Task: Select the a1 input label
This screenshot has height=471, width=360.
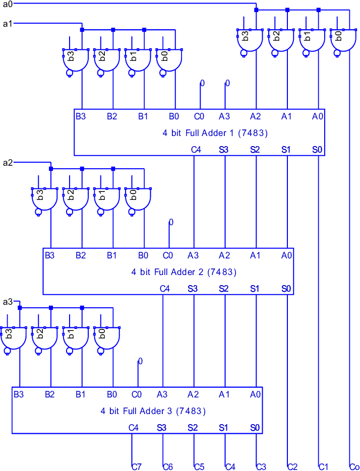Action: tap(8, 24)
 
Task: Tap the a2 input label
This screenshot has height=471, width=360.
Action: tap(8, 163)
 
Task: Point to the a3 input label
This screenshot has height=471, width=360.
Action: tap(8, 302)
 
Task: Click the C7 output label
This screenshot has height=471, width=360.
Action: tap(136, 467)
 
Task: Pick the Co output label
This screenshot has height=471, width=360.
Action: tap(354, 467)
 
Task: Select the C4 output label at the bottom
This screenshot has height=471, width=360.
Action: tap(230, 467)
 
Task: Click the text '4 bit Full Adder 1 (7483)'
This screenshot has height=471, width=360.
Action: tap(215, 133)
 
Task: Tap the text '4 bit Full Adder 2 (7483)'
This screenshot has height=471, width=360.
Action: tap(184, 272)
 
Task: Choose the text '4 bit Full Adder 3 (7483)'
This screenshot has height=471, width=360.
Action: tap(153, 411)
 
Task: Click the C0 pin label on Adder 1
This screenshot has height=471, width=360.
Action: tap(199, 116)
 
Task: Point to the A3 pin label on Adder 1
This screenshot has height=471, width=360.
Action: tap(224, 116)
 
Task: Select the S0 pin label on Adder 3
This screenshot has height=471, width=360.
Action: tap(255, 428)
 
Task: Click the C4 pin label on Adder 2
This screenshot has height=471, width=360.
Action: tap(165, 289)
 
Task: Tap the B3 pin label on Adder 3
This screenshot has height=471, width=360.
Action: tap(19, 394)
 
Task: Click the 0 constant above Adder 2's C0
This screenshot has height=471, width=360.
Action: tap(171, 222)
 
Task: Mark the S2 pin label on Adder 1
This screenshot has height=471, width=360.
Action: tap(255, 150)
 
